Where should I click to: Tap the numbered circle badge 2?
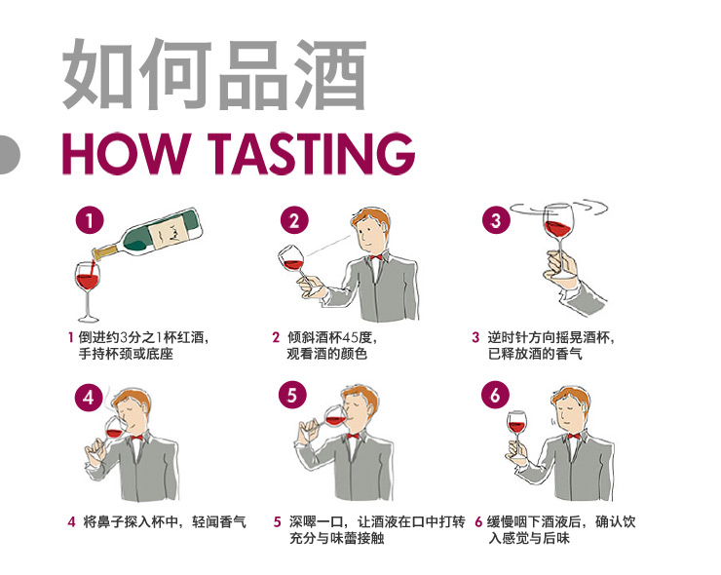(x=294, y=221)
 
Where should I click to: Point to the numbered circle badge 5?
(x=292, y=396)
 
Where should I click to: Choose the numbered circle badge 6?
(x=495, y=396)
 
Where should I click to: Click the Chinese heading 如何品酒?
(x=214, y=76)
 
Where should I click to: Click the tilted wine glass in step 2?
(x=292, y=260)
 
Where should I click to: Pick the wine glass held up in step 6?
(x=516, y=429)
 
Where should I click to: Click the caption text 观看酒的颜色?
(x=327, y=354)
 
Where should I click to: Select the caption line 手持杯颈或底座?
(x=125, y=354)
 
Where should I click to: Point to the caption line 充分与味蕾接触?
(x=336, y=538)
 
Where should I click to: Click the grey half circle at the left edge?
(x=8, y=154)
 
